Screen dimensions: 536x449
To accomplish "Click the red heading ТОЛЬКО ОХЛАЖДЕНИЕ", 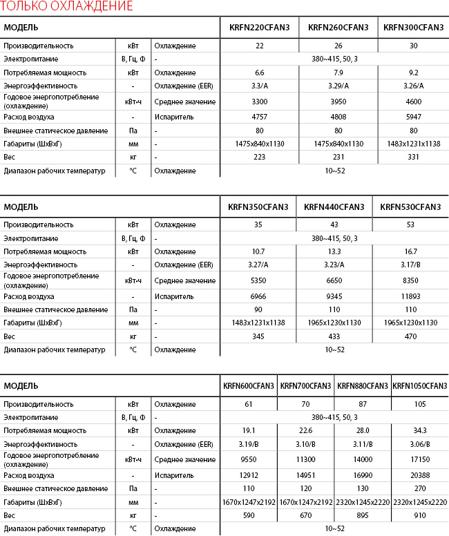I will pos(67,8).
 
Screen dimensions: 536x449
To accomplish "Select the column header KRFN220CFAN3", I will pos(260,28).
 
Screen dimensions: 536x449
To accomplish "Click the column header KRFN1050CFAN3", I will pos(420,386).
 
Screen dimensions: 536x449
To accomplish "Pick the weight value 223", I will pos(260,157).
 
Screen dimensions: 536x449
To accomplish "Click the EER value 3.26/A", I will pos(414,86).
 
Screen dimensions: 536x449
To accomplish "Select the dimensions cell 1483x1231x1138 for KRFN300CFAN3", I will pos(414,144).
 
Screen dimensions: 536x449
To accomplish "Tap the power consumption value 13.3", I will pos(334,251).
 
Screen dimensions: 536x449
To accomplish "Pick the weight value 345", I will pos(258,336).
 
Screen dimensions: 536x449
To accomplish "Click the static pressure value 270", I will pos(420,488).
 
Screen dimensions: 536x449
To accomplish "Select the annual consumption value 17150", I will pos(420,459).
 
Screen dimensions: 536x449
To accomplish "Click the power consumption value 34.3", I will pos(420,430).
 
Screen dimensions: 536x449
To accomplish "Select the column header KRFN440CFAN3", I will pos(334,207).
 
